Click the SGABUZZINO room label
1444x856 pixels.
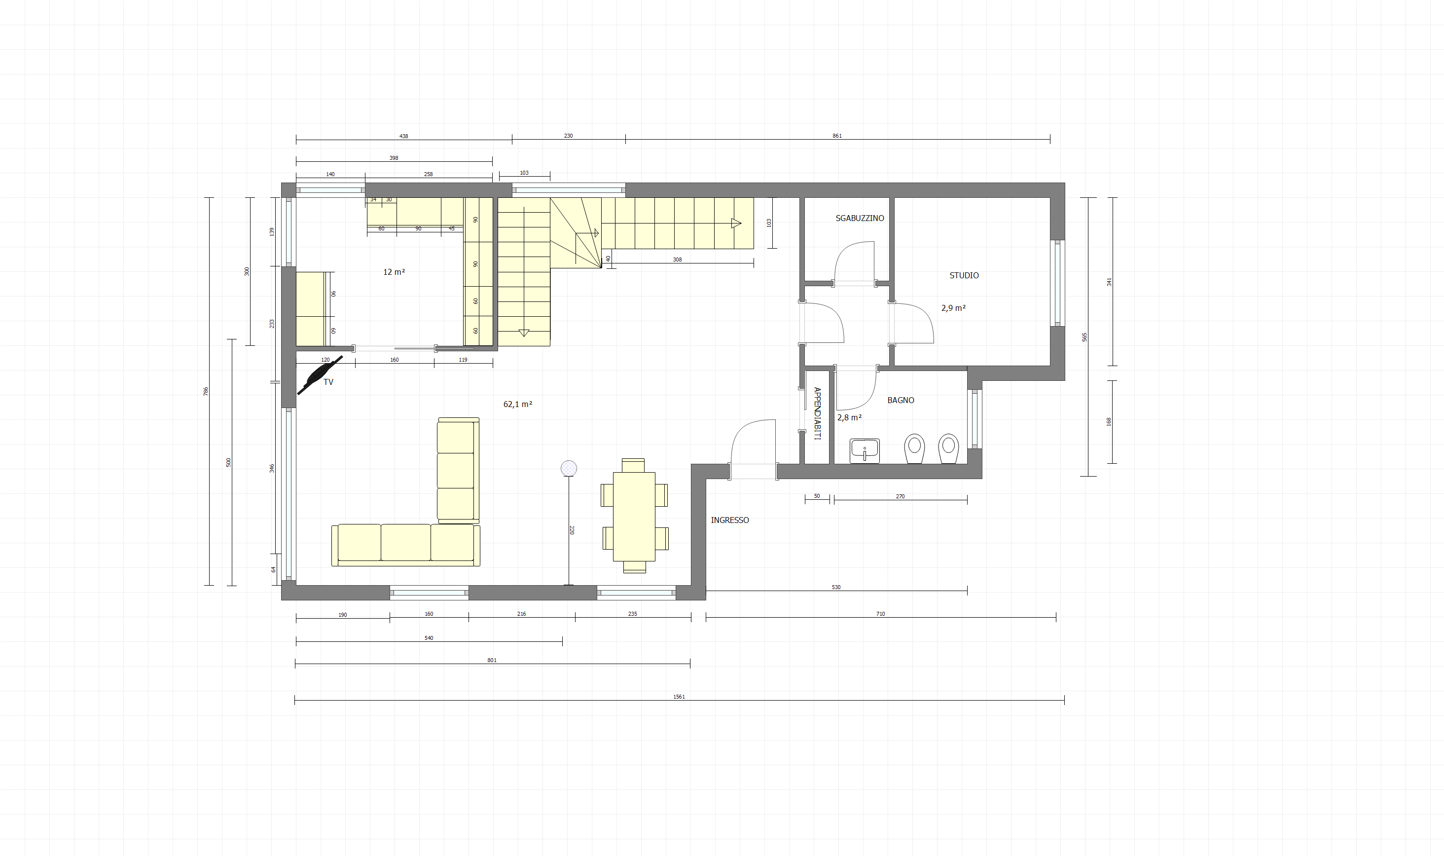click(860, 218)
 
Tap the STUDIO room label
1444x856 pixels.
click(964, 275)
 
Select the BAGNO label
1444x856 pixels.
click(901, 400)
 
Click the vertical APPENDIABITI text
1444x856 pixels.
click(817, 413)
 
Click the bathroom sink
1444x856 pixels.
click(865, 450)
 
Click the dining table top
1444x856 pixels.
click(634, 516)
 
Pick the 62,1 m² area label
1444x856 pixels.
click(518, 405)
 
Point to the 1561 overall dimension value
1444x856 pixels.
click(679, 697)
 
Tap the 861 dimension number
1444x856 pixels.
click(837, 136)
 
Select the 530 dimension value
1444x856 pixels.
click(836, 587)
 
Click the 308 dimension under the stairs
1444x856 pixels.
click(677, 260)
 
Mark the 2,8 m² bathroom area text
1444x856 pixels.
click(849, 417)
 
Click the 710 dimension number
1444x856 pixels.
click(880, 614)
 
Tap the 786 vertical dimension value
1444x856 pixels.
click(206, 391)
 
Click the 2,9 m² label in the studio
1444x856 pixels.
click(953, 308)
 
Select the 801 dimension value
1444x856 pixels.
click(492, 660)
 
